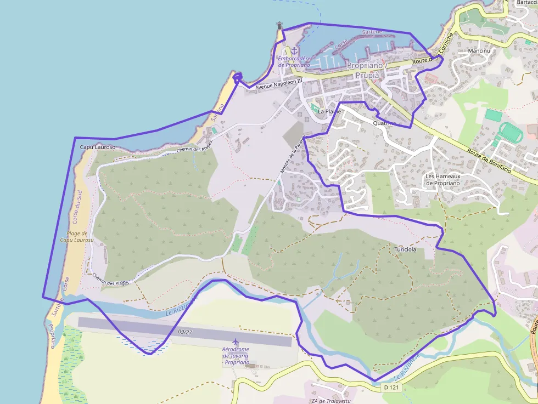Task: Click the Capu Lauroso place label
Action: (x=98, y=147)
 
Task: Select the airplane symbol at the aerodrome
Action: (x=236, y=342)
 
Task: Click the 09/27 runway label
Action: (x=185, y=332)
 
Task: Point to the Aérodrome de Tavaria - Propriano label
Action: (x=236, y=356)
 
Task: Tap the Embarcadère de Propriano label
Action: (x=295, y=61)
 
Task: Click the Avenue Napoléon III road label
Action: (x=279, y=84)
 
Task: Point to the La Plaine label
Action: (x=329, y=111)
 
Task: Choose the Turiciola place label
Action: (x=405, y=249)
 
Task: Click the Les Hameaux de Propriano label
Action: (x=443, y=179)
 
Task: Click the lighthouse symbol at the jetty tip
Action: (x=280, y=25)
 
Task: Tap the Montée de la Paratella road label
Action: (x=292, y=156)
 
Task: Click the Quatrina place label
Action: (x=384, y=123)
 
